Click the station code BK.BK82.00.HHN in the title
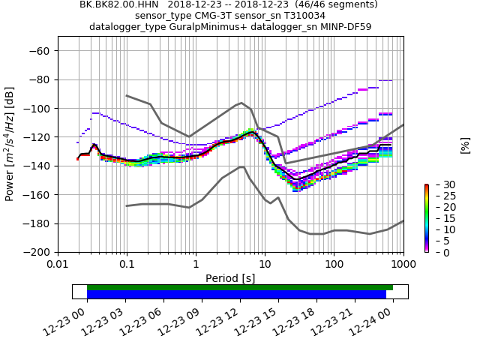120,4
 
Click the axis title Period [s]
230,278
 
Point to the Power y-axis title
10,144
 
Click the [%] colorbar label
465,144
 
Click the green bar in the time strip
240,287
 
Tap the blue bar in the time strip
236,295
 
